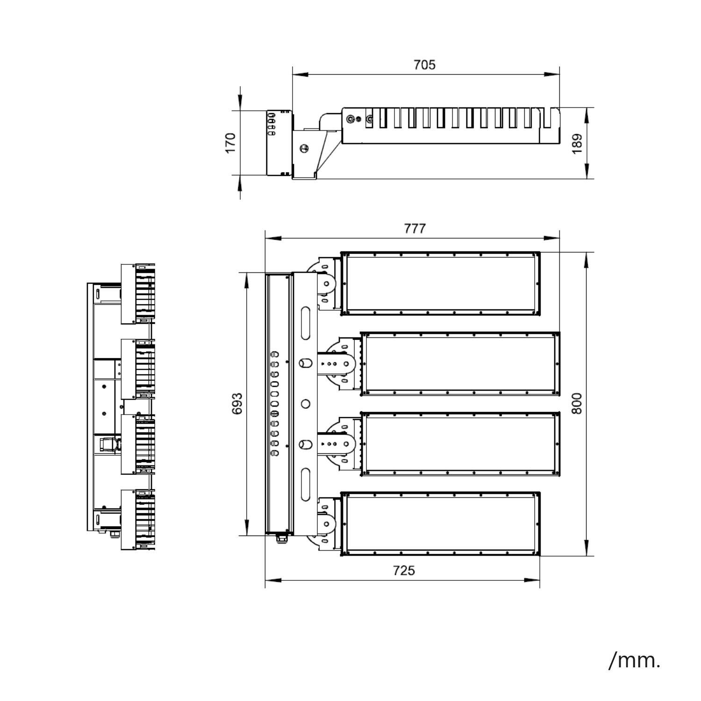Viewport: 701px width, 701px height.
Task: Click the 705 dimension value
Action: click(x=424, y=64)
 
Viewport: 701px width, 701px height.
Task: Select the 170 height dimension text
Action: click(x=230, y=143)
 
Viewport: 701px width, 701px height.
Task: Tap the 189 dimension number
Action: click(x=578, y=143)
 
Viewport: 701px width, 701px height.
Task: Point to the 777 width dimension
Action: click(x=415, y=229)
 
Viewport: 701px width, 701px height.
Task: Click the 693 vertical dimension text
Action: click(x=237, y=403)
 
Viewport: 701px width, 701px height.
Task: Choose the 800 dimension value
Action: click(x=578, y=403)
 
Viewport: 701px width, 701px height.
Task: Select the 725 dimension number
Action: click(x=404, y=571)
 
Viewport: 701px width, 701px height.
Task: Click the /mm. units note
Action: click(x=635, y=660)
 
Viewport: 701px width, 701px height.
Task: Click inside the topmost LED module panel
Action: click(x=441, y=284)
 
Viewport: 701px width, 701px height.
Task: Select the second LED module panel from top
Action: click(x=460, y=364)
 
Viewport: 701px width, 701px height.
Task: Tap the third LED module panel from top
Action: click(x=460, y=444)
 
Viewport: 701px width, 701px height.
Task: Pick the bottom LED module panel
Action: click(x=441, y=524)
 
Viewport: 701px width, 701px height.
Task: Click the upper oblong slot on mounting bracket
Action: click(x=306, y=323)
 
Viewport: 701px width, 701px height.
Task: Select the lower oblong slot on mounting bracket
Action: click(x=306, y=485)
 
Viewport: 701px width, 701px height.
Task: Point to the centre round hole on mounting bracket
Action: click(x=306, y=404)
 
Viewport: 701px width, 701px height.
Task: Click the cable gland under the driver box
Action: click(x=281, y=538)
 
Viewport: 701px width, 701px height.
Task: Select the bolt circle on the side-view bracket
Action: click(x=304, y=149)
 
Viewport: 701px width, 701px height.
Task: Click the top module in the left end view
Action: click(x=138, y=294)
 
